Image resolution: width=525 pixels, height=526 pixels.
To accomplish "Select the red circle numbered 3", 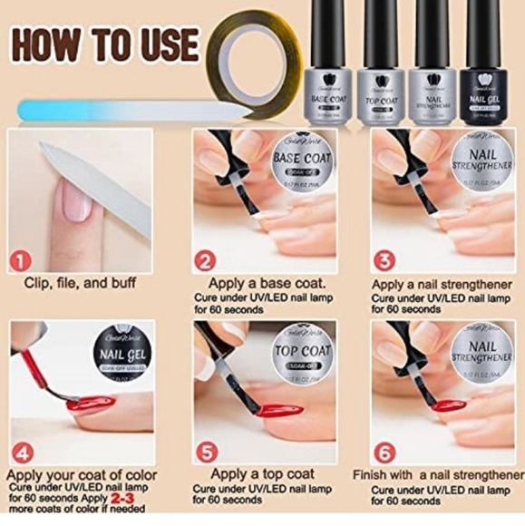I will pos(385,261).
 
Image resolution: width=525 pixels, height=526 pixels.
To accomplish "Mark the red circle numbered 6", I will pos(385,449).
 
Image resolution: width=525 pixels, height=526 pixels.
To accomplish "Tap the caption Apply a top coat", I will pos(263,473).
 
